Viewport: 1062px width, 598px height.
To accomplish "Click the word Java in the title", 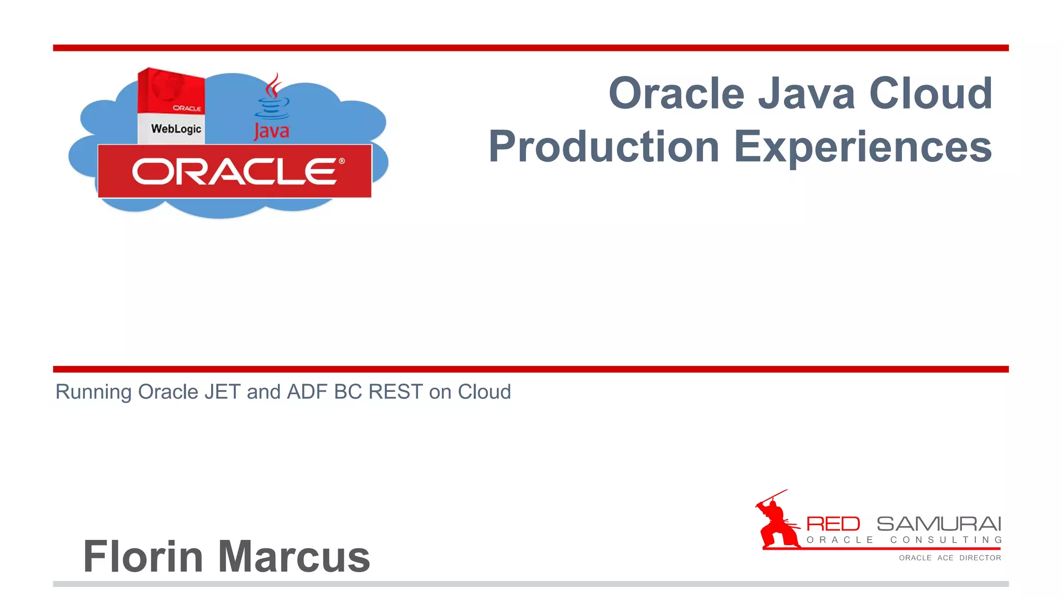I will point(806,94).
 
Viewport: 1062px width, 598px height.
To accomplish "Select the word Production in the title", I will point(604,147).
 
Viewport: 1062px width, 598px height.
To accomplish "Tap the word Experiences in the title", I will point(863,148).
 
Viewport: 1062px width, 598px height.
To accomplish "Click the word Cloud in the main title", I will point(931,94).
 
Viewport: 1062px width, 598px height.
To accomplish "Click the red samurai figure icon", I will point(775,522).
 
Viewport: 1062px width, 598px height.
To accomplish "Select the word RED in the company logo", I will point(833,524).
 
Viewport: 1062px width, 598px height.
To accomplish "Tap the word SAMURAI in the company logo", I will point(939,524).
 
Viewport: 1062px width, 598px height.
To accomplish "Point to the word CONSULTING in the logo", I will point(946,540).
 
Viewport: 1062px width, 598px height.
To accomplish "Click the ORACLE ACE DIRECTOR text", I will point(950,558).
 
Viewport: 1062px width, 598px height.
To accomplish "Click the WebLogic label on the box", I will point(176,129).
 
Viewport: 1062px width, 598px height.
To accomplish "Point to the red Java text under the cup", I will point(272,131).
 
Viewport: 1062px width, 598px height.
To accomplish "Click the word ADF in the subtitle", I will point(308,392).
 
